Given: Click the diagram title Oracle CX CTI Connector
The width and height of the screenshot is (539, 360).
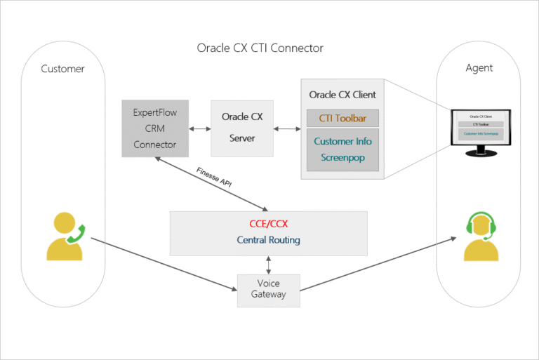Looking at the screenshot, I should [260, 48].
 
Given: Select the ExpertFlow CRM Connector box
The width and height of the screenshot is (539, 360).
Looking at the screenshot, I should [154, 128].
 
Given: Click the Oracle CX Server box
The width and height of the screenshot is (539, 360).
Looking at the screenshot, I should [242, 128].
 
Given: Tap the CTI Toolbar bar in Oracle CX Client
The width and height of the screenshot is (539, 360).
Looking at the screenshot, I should [342, 117].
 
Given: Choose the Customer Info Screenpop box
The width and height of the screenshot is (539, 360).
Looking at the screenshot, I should [342, 149].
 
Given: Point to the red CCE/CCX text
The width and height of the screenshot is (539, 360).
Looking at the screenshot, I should [269, 225].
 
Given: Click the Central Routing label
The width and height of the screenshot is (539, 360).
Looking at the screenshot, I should [269, 240].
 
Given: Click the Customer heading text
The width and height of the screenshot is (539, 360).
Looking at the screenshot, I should [62, 69].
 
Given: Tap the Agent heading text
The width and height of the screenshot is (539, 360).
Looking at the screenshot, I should [479, 68].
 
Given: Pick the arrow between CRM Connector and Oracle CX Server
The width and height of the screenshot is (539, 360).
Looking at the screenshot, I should [199, 128].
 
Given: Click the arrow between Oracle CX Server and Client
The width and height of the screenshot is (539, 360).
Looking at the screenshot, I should [287, 128].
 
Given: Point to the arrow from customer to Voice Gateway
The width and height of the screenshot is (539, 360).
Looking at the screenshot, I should [161, 265].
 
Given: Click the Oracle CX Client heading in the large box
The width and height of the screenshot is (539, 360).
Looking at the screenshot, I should [342, 95].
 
